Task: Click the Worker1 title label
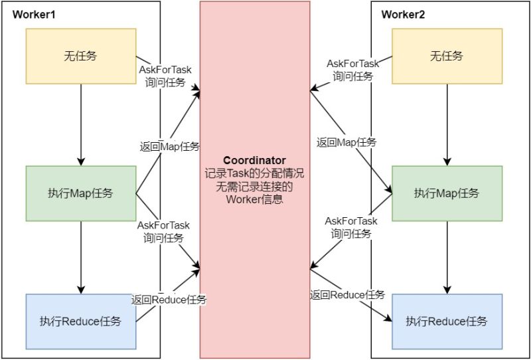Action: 34,14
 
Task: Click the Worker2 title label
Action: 404,14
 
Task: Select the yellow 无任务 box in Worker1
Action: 80,56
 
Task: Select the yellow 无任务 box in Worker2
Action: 447,56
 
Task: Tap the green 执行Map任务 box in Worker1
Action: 80,193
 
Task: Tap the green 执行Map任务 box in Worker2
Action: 447,193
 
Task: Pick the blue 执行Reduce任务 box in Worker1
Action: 80,321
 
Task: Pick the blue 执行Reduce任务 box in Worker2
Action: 447,321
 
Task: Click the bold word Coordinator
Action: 254,161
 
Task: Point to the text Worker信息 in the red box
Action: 254,199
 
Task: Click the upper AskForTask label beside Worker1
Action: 164,69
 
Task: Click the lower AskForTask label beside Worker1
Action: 163,225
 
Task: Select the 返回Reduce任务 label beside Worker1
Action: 169,300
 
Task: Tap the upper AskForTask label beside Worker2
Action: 352,64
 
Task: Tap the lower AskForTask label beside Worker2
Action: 351,221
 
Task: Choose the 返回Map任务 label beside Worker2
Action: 346,142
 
